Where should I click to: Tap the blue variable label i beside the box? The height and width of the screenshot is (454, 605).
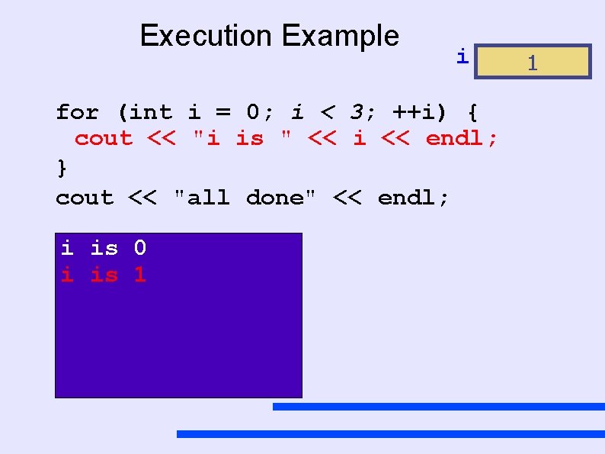(461, 56)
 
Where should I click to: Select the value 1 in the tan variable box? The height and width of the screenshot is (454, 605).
(533, 63)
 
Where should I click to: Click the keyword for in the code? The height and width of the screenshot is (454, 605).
(77, 113)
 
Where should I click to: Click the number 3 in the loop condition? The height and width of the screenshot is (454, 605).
(356, 113)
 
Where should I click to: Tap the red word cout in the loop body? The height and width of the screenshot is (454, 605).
(103, 139)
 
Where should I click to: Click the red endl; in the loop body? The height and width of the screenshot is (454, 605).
(462, 139)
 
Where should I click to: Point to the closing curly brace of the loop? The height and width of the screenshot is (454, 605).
(62, 166)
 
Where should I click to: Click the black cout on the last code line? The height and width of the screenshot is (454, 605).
(85, 198)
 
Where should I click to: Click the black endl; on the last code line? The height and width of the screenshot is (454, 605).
(414, 198)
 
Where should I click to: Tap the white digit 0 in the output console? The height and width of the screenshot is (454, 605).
(140, 247)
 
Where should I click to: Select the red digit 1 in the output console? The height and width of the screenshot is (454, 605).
(140, 275)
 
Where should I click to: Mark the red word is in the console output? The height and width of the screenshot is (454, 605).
(104, 275)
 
